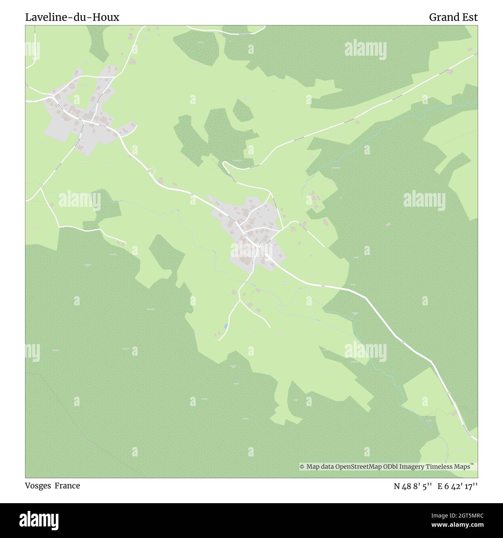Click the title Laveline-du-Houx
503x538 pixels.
pyautogui.click(x=72, y=17)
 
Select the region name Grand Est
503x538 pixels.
pyautogui.click(x=453, y=17)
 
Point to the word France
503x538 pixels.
pyautogui.click(x=67, y=486)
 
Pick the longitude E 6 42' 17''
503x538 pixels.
pyautogui.click(x=457, y=486)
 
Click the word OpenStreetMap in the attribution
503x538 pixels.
pyautogui.click(x=358, y=467)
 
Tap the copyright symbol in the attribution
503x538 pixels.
pyautogui.click(x=302, y=467)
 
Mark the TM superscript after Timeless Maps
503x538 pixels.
pyautogui.click(x=472, y=464)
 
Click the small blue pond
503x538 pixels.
pyautogui.click(x=225, y=326)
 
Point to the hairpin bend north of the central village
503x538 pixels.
pyautogui.click(x=224, y=165)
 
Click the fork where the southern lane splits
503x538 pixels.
pyautogui.click(x=240, y=300)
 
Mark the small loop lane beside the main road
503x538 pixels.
pyautogui.click(x=151, y=170)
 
